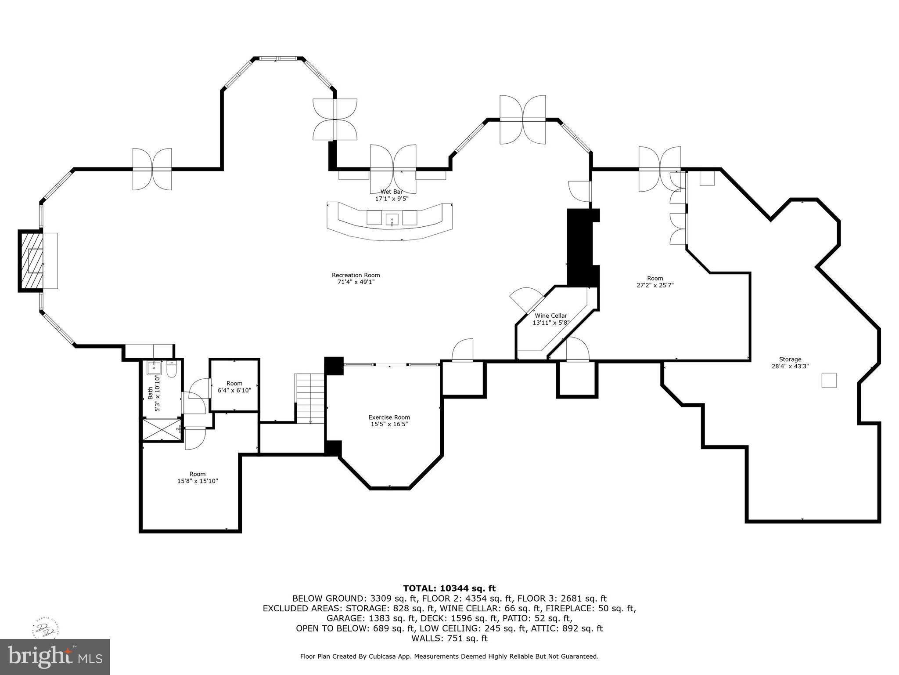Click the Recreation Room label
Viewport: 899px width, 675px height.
[356, 279]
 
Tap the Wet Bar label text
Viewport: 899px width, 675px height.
[392, 195]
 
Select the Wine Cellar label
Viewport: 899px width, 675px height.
[550, 319]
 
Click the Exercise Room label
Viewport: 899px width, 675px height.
[389, 421]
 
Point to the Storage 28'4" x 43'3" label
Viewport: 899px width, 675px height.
[790, 363]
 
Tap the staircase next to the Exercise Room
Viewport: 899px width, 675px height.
[310, 398]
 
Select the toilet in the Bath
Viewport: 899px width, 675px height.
[172, 370]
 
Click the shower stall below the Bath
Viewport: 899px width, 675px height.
[161, 430]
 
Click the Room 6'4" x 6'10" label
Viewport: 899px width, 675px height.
[234, 387]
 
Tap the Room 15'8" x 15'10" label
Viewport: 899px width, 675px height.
[198, 477]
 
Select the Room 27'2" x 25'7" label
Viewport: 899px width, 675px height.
[655, 281]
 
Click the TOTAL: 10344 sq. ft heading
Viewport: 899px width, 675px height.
[449, 588]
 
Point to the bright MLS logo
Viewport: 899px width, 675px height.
[55, 657]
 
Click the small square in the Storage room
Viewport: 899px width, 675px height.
[829, 380]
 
